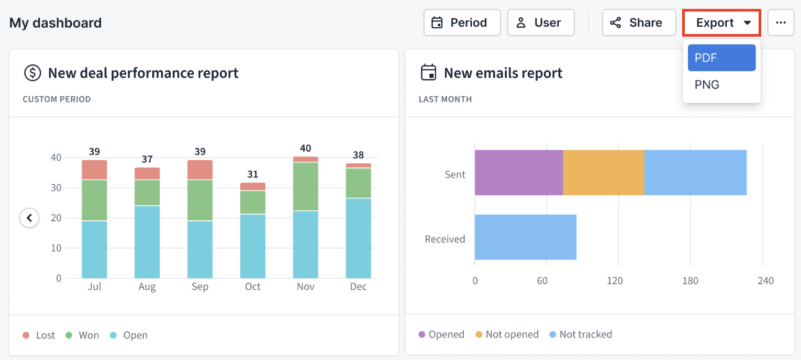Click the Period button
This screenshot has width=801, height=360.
462,23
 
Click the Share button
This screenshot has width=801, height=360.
639,23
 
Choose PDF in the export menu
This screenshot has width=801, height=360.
721,58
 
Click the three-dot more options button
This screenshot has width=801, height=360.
781,23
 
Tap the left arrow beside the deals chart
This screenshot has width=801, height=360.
30,217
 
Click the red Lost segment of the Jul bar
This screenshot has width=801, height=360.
94,170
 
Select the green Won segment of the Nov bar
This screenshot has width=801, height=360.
305,186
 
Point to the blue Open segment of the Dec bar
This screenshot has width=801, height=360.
358,238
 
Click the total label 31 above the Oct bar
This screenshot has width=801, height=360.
253,174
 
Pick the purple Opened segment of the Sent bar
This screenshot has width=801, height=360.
518,173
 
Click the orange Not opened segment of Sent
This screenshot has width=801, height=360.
603,173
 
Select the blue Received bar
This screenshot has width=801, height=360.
525,237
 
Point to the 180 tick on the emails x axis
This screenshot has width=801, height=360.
690,281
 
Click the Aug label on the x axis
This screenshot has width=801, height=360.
147,287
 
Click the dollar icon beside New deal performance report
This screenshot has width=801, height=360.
32,73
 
